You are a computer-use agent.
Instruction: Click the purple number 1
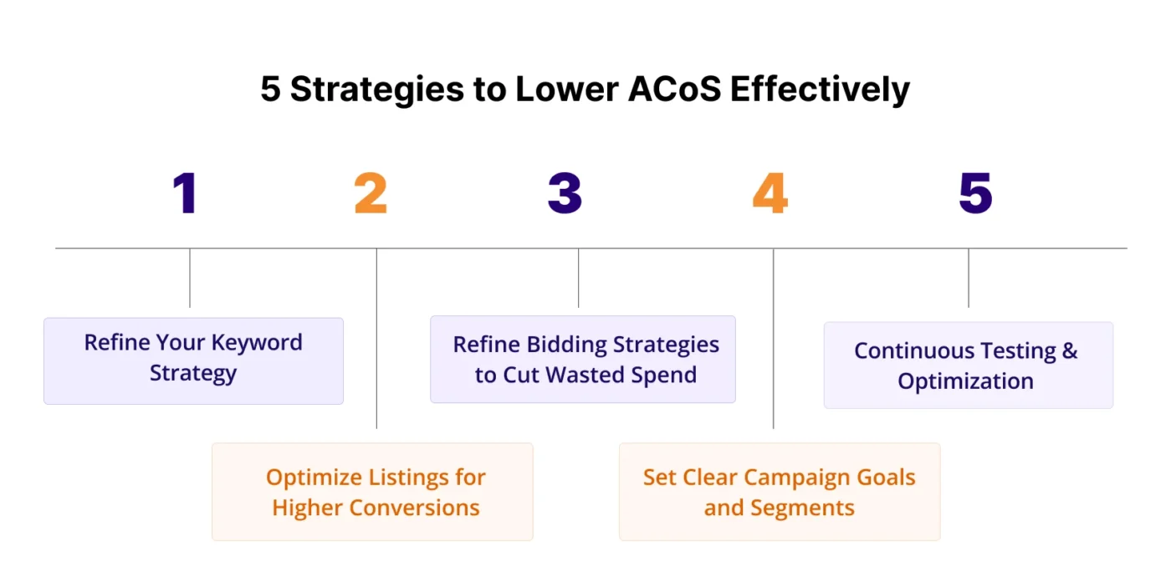click(x=185, y=193)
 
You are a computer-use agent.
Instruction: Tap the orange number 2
click(x=371, y=193)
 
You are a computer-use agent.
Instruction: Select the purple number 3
click(x=565, y=193)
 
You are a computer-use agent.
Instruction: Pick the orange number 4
click(x=770, y=193)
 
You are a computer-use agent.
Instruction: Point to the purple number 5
click(x=975, y=193)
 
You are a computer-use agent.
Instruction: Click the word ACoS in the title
click(x=674, y=89)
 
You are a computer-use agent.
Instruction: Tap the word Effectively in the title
click(x=821, y=89)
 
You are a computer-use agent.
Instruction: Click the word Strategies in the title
click(x=377, y=89)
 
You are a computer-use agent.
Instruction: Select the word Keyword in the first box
click(x=257, y=343)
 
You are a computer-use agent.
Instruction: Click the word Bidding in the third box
click(x=566, y=345)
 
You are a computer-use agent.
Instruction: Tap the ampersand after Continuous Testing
click(x=1070, y=350)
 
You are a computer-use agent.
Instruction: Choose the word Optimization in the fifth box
click(x=965, y=381)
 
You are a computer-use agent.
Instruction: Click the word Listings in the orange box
click(x=408, y=478)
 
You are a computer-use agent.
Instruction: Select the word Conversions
click(x=414, y=508)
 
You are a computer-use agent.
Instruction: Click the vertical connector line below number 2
click(x=376, y=339)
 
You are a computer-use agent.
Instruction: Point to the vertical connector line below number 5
click(x=969, y=278)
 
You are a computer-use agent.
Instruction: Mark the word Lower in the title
click(x=567, y=89)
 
